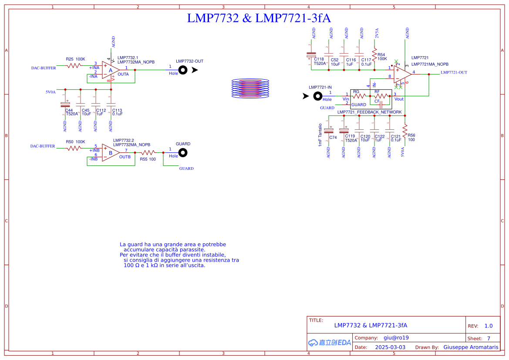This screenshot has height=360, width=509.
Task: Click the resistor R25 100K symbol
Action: pos(74,66)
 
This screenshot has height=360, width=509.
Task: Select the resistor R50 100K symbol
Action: pos(74,148)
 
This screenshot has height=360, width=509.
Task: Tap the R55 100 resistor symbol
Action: pos(148,153)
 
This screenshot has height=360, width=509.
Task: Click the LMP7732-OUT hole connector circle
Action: pos(183,70)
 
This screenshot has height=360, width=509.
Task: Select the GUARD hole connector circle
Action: pos(183,152)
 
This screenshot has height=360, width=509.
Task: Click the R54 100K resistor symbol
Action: pos(374,55)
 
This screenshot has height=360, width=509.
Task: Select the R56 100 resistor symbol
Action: pos(405,130)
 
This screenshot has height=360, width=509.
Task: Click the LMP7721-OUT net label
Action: pos(454,73)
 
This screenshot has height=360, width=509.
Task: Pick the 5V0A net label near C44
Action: pos(51,92)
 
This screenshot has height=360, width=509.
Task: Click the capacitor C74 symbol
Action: pos(329,131)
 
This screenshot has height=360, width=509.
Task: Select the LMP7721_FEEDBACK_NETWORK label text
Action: pos(369,112)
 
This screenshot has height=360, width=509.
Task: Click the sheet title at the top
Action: pos(259,18)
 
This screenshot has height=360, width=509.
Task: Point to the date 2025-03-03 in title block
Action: pos(390,347)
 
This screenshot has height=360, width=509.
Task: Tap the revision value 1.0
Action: pos(489,326)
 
